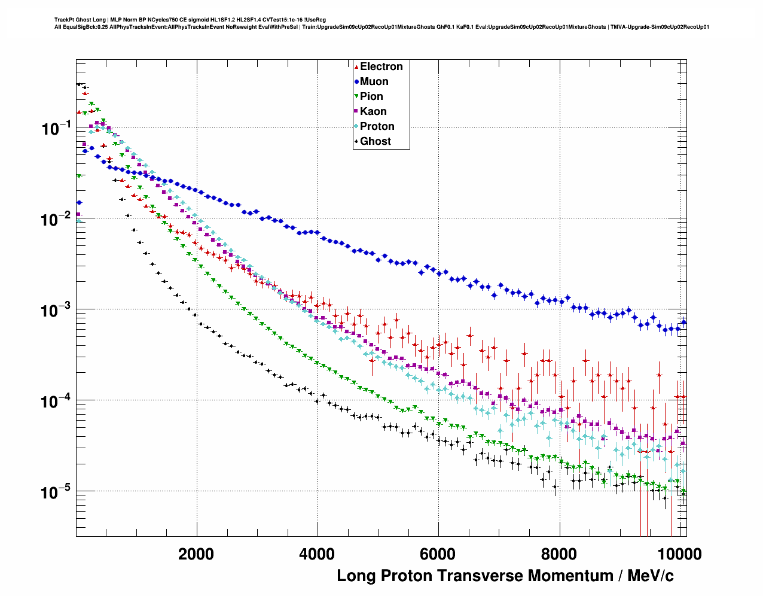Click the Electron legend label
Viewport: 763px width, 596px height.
(381, 66)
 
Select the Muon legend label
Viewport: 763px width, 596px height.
(374, 81)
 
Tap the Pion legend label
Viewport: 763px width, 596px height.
(371, 96)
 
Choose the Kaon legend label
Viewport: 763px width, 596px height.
(373, 111)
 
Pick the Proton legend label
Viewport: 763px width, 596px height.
(377, 126)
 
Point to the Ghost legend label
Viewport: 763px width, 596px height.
(375, 141)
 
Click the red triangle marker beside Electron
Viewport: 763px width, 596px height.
(356, 66)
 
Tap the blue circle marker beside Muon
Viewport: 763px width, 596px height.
(356, 81)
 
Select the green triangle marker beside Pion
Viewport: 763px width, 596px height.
(356, 96)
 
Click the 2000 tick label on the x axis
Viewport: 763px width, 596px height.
(196, 554)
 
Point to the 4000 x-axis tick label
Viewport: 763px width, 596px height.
(317, 554)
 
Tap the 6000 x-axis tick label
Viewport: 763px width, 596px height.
(438, 554)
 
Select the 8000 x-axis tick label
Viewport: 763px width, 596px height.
(559, 554)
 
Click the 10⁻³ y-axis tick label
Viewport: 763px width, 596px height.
(56, 310)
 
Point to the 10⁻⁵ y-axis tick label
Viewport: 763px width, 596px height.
(56, 492)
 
